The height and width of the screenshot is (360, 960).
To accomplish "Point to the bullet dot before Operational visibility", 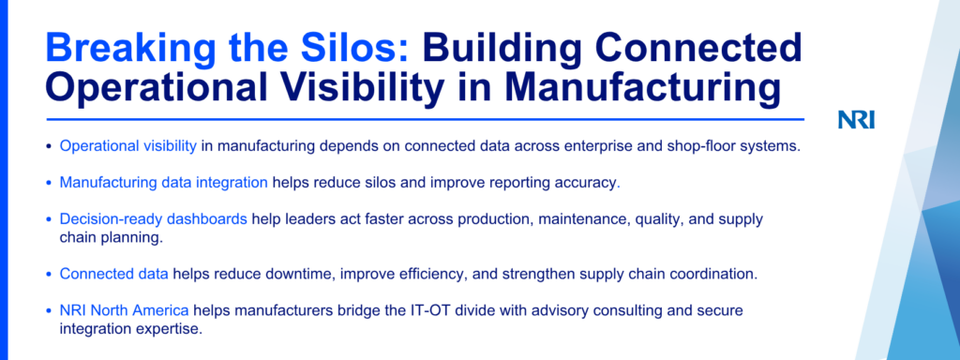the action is [49, 147].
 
